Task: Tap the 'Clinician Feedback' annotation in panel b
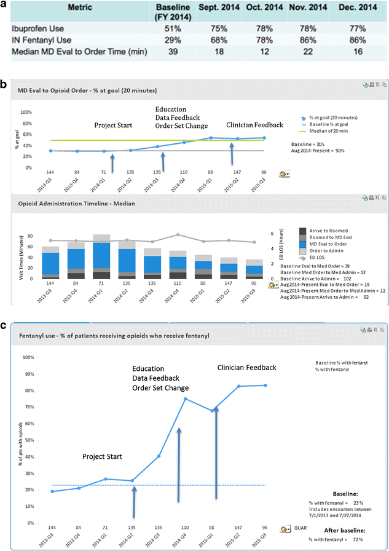tap(255, 125)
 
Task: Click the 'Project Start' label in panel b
tap(113, 125)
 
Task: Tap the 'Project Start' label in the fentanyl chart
tap(103, 457)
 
